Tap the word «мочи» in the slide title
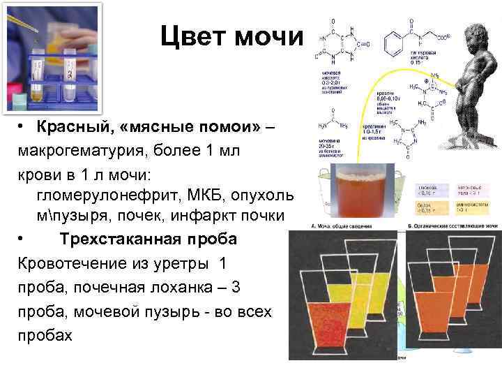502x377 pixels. pos(271,37)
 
